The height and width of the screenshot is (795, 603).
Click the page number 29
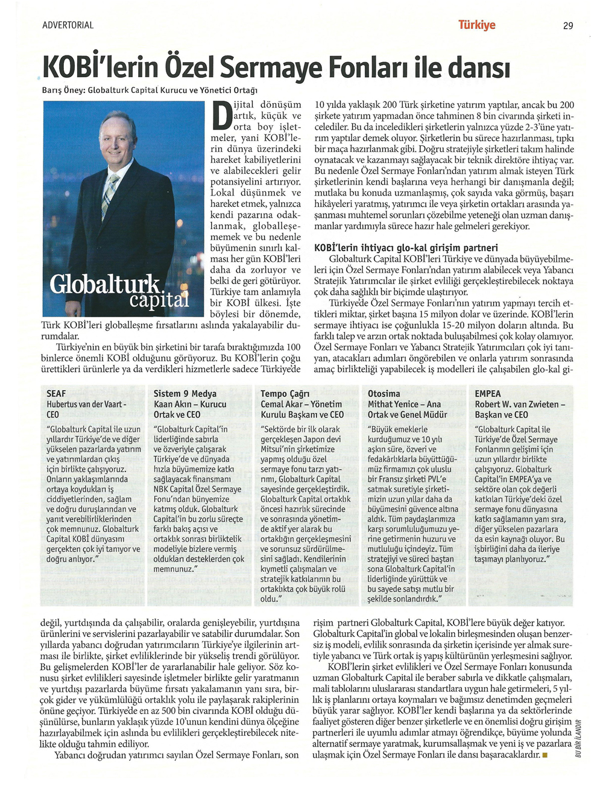pos(568,25)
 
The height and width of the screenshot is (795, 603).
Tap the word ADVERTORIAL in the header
pos(68,25)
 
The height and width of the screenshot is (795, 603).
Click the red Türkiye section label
pos(476,25)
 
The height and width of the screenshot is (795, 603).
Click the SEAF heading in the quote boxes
pos(56,393)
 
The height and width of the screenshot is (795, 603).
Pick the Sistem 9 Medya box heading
pos(185,393)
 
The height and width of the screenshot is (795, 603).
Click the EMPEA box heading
pos(487,393)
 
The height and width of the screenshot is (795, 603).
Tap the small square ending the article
pos(545,755)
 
